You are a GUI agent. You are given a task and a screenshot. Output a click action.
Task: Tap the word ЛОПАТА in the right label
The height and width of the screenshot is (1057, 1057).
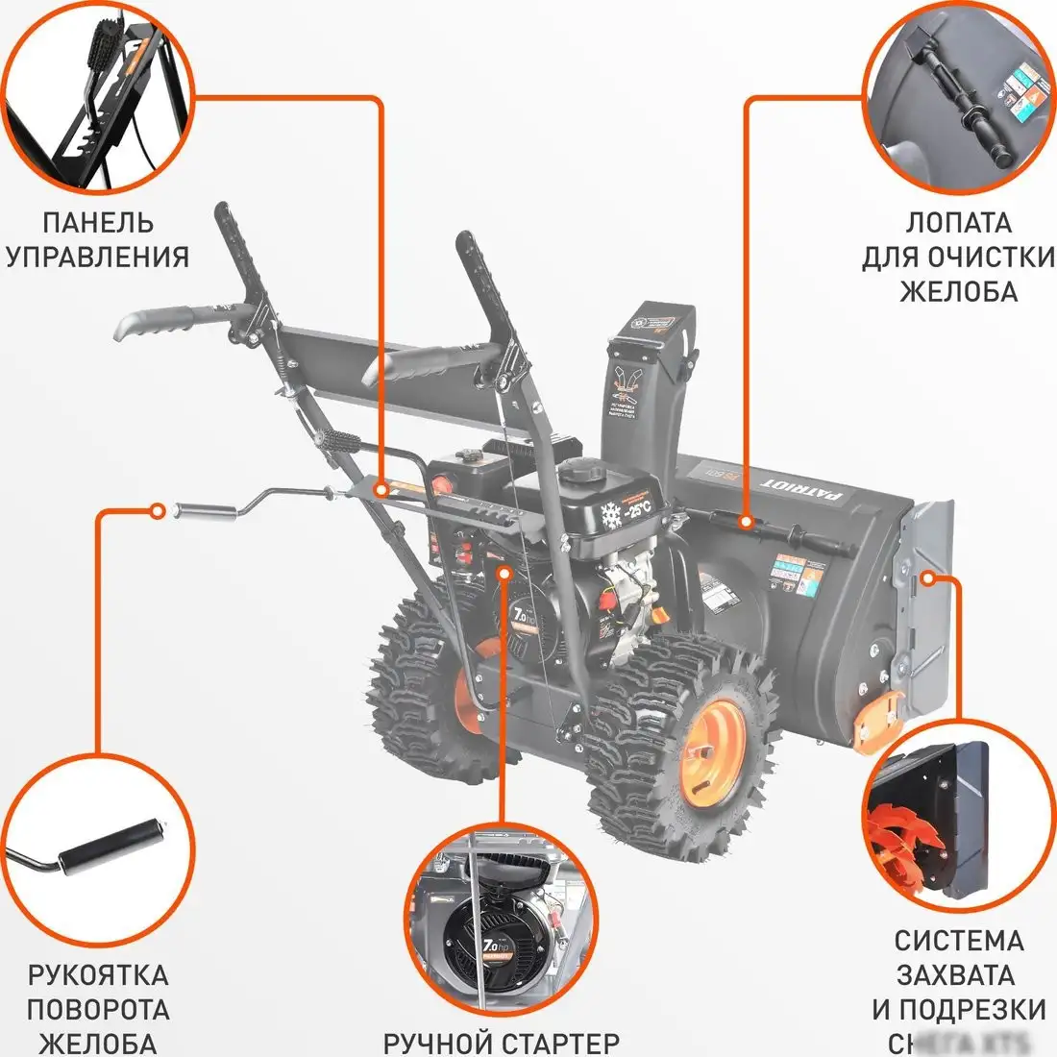958,222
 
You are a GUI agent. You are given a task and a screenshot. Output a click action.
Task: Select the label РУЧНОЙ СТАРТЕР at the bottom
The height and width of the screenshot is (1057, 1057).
501,1042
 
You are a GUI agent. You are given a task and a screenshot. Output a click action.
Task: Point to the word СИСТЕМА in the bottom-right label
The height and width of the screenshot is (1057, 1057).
958,940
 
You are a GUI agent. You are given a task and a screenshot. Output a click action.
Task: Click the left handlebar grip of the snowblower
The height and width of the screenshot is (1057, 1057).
157,322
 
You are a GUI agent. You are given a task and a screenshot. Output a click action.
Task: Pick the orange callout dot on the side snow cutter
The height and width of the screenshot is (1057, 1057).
927,578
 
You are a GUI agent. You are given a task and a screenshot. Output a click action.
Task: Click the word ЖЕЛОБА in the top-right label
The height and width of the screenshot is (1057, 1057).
958,290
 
